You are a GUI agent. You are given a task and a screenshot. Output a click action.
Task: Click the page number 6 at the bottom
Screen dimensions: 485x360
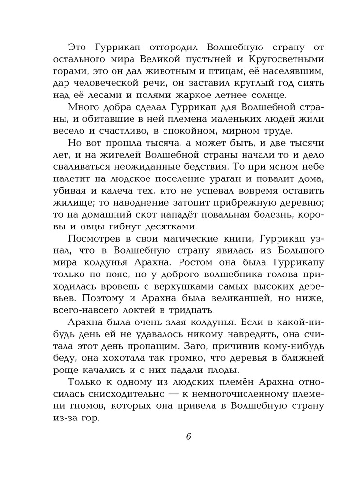(x=189, y=436)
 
